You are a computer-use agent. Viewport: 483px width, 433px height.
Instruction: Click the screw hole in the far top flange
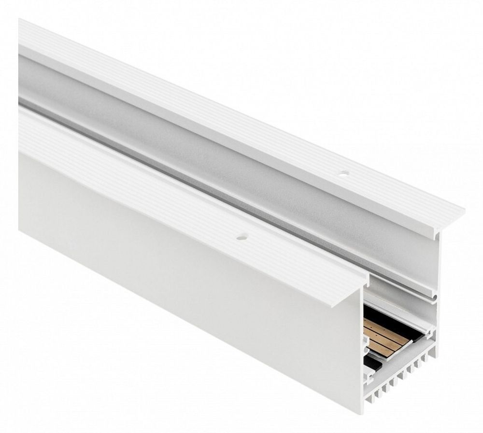pyautogui.click(x=343, y=172)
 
